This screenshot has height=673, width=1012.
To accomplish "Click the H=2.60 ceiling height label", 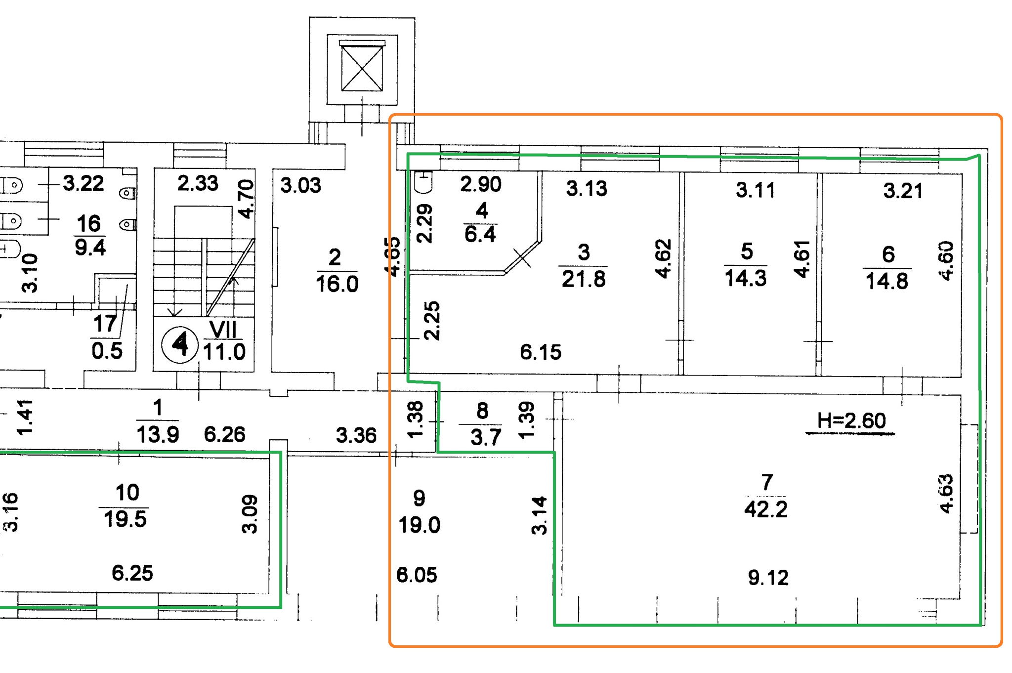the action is click(x=851, y=421).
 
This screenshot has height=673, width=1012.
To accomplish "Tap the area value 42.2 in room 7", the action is click(x=766, y=509).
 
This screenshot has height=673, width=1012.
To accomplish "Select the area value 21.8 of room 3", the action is click(x=584, y=279).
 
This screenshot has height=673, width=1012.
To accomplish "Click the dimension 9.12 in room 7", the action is click(x=768, y=578).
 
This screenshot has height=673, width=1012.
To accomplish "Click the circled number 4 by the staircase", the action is click(x=180, y=344).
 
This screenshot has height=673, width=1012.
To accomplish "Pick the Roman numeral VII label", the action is click(x=223, y=329).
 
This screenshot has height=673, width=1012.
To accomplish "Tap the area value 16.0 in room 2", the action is click(x=337, y=284).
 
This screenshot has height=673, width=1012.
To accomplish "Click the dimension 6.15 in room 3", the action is click(x=541, y=352).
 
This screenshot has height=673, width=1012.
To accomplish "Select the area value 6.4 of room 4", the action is click(x=480, y=234).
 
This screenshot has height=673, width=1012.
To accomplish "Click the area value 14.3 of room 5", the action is click(x=746, y=278).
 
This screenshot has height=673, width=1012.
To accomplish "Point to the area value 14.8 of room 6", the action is click(x=887, y=281).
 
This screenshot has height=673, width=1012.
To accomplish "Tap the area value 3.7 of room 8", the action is click(x=486, y=437).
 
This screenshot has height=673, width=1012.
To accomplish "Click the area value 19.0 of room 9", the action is click(x=419, y=525).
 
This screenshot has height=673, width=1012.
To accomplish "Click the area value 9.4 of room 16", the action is click(x=90, y=247).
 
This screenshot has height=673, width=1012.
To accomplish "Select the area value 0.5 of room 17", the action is click(x=107, y=351).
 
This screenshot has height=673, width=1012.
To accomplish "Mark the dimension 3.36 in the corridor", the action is click(x=356, y=435).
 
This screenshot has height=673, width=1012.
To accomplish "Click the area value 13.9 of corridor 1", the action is click(x=158, y=435).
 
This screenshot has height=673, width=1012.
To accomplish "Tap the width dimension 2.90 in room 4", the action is click(x=481, y=184).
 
